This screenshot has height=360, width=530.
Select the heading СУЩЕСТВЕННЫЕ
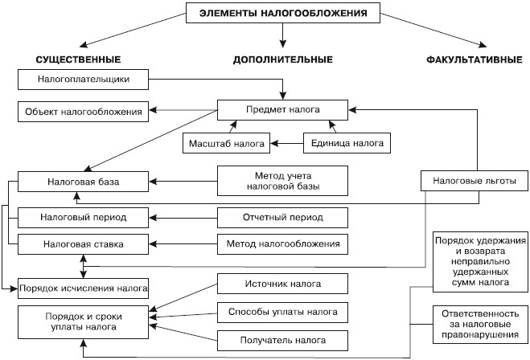[x=78, y=60]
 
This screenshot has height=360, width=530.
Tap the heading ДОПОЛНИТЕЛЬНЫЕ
[x=282, y=60]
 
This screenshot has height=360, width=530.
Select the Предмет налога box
[x=283, y=110]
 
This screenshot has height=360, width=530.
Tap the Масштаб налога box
[x=226, y=144]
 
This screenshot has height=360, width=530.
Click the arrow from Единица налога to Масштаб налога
[x=286, y=144]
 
